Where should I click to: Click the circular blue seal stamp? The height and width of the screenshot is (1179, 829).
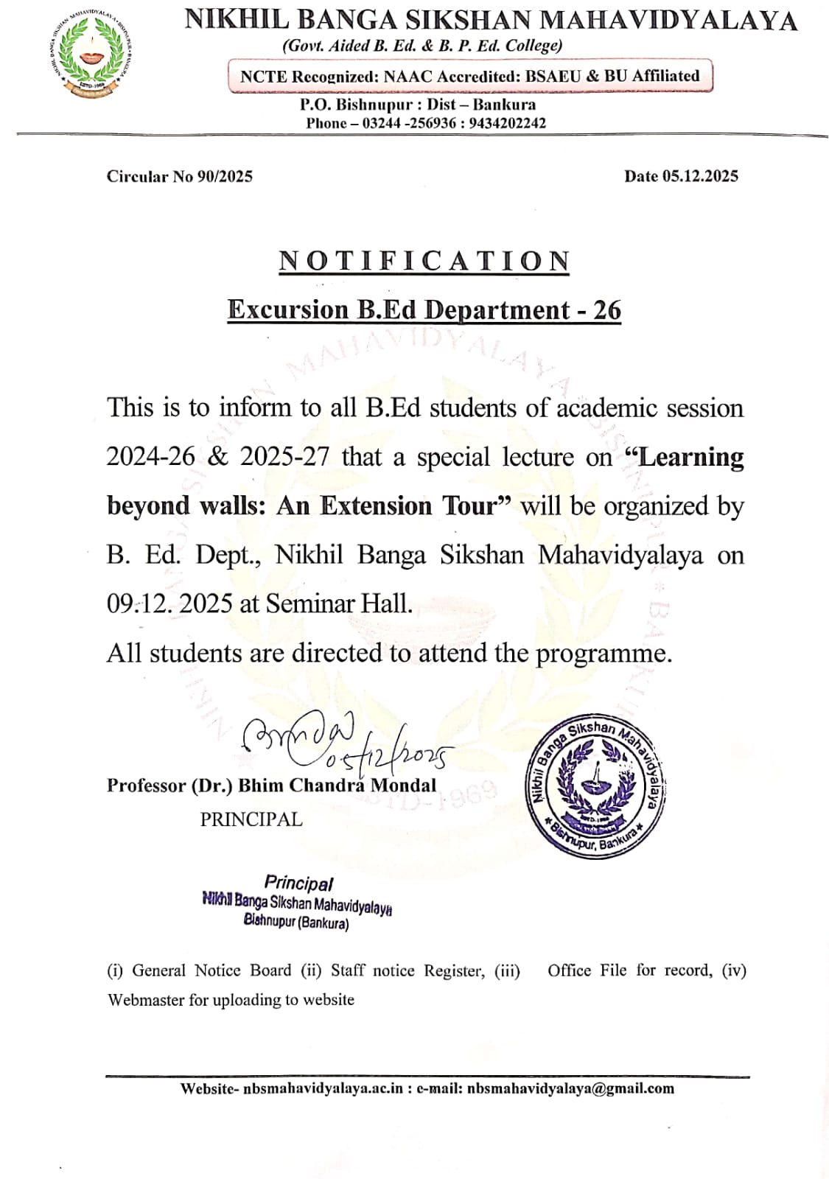[595, 786]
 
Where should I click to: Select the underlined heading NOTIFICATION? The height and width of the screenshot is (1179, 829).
[424, 262]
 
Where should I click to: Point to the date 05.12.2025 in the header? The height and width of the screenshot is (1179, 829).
[699, 176]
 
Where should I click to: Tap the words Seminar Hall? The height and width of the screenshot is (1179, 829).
[339, 604]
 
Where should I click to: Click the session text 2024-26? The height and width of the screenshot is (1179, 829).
[150, 457]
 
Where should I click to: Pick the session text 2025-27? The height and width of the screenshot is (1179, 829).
[284, 457]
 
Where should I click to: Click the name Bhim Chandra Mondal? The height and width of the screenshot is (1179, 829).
[337, 786]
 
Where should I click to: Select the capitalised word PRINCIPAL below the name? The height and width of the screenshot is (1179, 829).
[251, 819]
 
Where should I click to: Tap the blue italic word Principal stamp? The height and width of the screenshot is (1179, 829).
[298, 883]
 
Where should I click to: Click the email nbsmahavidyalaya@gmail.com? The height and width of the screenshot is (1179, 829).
[570, 1088]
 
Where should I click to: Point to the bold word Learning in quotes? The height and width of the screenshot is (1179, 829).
[690, 457]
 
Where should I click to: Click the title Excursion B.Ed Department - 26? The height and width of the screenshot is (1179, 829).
[424, 310]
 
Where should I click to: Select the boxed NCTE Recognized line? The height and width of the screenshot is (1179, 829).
[469, 76]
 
